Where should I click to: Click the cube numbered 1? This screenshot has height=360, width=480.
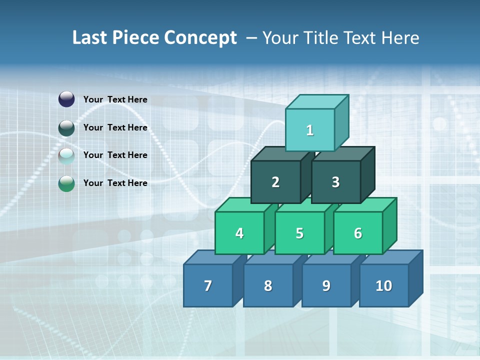pyautogui.click(x=310, y=130)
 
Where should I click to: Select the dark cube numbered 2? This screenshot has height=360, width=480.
pyautogui.click(x=275, y=182)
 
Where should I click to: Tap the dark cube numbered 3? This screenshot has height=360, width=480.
pyautogui.click(x=335, y=182)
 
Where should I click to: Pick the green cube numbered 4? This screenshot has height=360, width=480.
pyautogui.click(x=239, y=233)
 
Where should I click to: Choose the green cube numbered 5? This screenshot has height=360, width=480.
pyautogui.click(x=299, y=233)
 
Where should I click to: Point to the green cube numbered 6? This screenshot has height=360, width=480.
pyautogui.click(x=358, y=233)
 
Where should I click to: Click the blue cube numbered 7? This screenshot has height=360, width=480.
pyautogui.click(x=208, y=285)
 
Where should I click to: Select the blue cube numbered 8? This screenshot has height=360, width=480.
pyautogui.click(x=268, y=285)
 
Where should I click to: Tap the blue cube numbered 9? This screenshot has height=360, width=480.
pyautogui.click(x=326, y=285)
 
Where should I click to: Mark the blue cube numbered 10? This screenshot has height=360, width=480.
pyautogui.click(x=384, y=285)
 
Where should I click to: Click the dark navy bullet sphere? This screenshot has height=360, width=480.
pyautogui.click(x=66, y=99)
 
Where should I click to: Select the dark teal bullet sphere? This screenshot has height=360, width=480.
pyautogui.click(x=66, y=127)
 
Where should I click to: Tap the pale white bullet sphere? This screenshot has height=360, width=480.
pyautogui.click(x=66, y=155)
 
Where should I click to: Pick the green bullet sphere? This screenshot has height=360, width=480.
pyautogui.click(x=66, y=183)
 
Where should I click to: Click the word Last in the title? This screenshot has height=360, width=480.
pyautogui.click(x=91, y=38)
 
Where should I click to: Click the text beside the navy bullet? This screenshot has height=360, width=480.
pyautogui.click(x=115, y=99)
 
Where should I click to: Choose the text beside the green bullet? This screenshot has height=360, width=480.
pyautogui.click(x=115, y=183)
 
